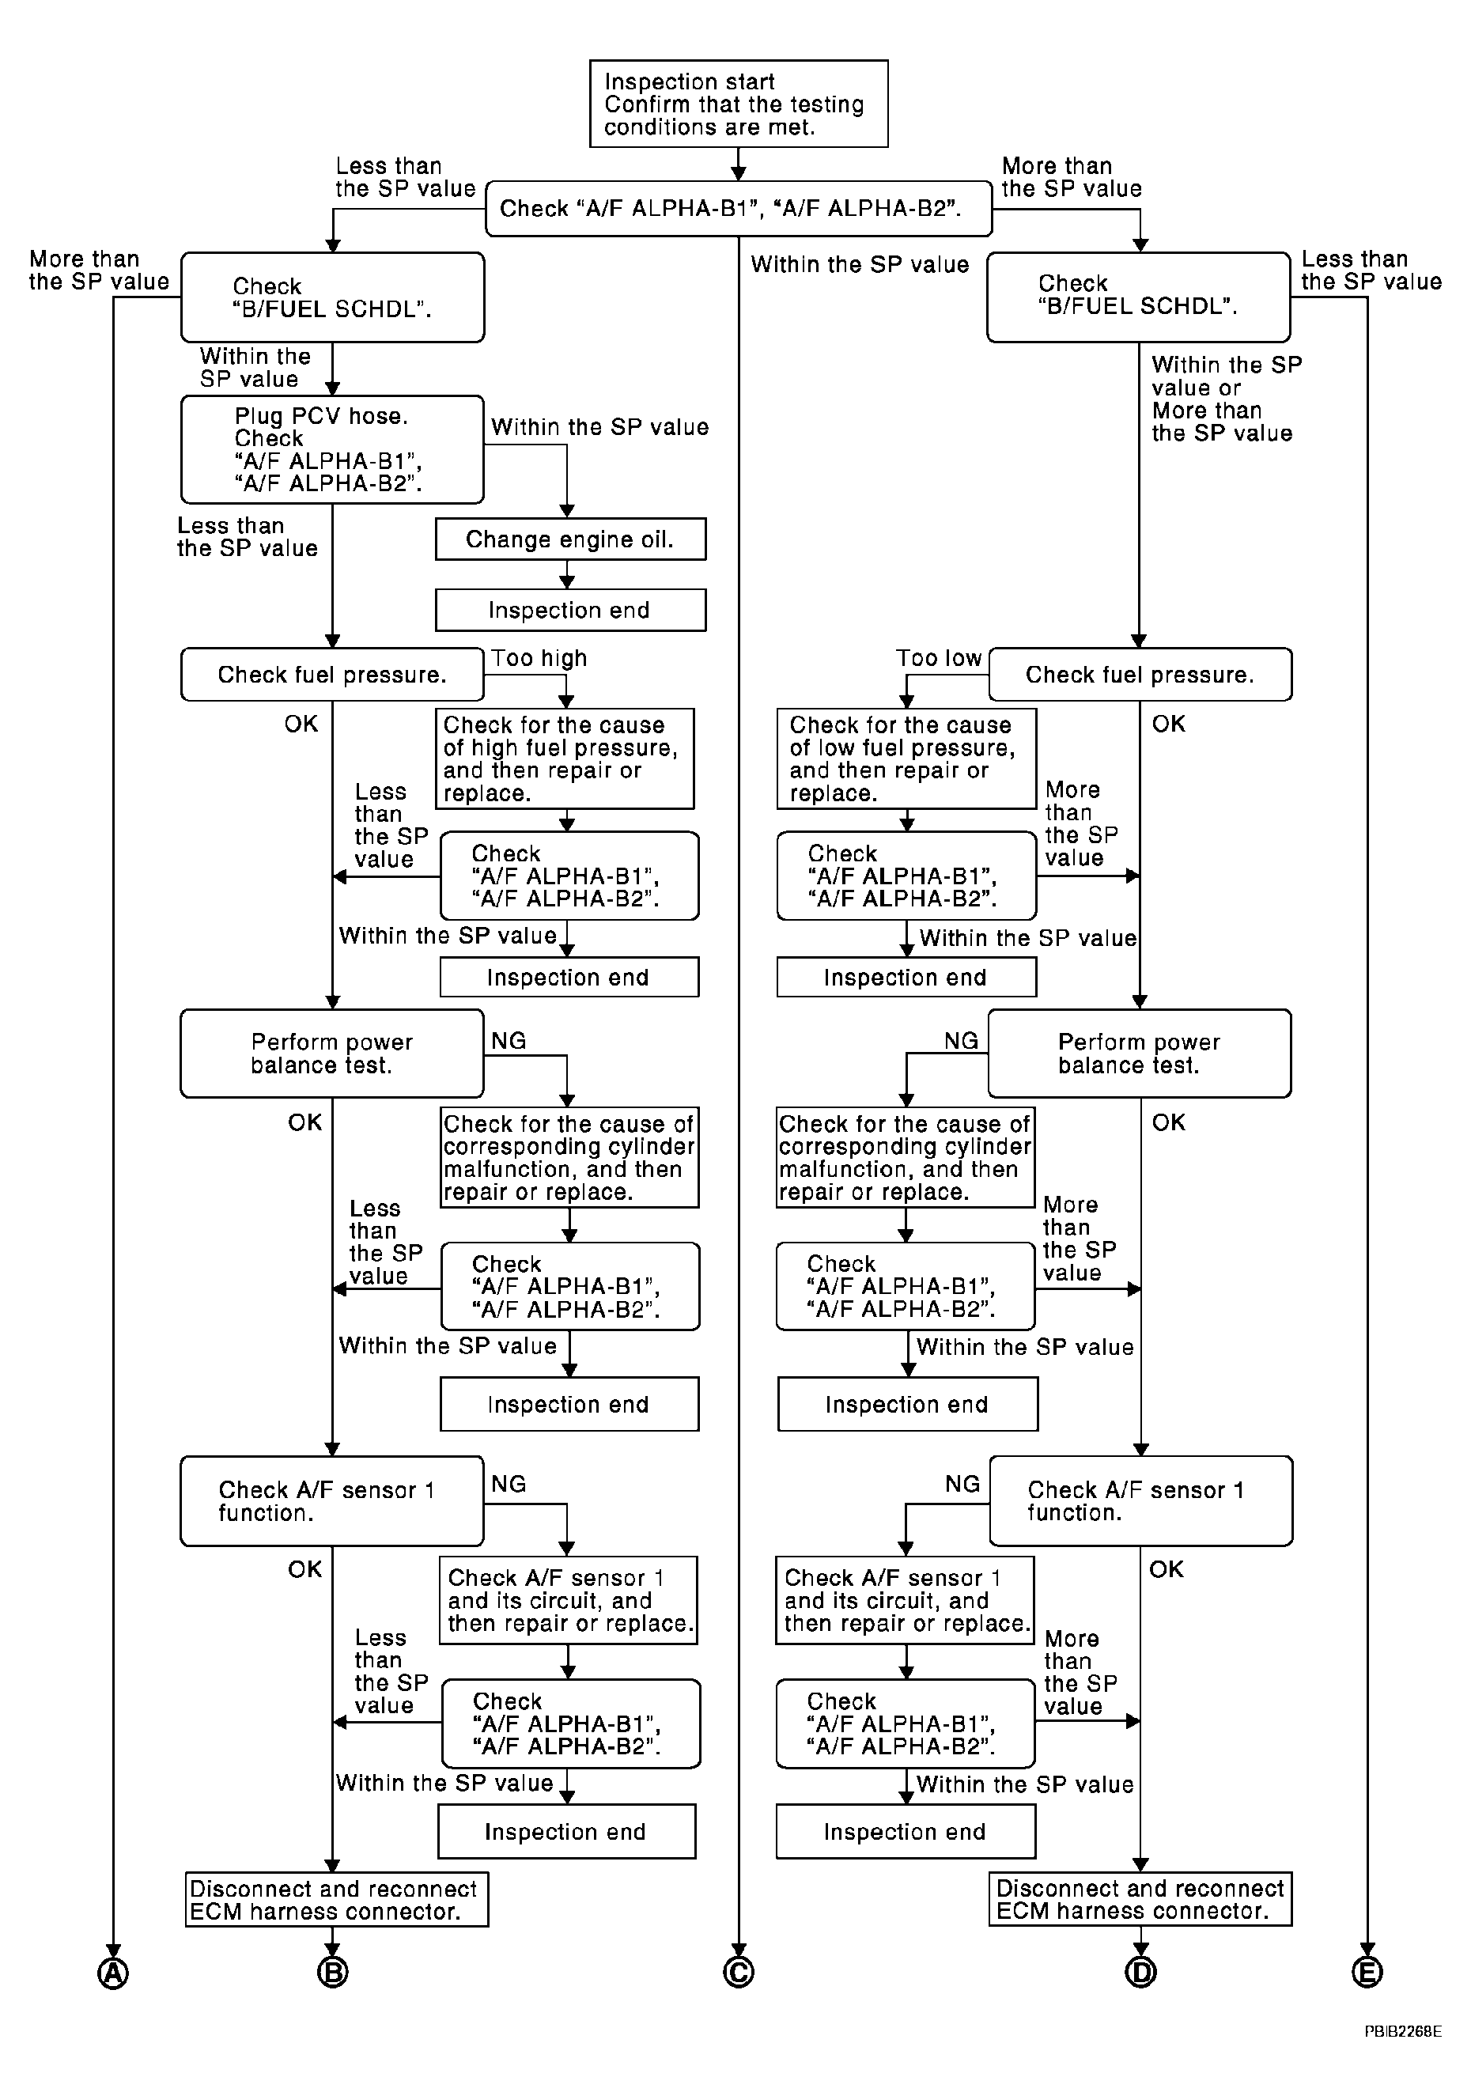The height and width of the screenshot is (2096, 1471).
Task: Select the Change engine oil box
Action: [x=570, y=539]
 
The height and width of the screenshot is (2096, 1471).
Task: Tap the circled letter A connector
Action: [x=113, y=1973]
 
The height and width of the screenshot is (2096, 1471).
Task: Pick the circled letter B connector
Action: [x=332, y=1973]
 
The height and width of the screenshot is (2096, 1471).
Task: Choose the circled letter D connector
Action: [x=1140, y=1973]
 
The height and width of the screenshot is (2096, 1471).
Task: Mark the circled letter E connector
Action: [x=1366, y=1973]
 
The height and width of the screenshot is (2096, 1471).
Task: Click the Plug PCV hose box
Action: [x=332, y=449]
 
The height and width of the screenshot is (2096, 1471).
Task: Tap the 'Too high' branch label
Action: [x=539, y=658]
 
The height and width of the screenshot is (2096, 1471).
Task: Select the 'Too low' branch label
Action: [x=938, y=658]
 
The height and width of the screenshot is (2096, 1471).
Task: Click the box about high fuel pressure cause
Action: [x=564, y=759]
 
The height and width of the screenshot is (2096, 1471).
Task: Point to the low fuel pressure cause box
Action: [x=906, y=759]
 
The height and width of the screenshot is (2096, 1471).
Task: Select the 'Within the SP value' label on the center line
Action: [x=860, y=265]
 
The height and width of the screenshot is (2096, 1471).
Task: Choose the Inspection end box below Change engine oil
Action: [x=570, y=610]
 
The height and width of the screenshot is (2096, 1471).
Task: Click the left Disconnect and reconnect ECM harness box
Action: [x=337, y=1900]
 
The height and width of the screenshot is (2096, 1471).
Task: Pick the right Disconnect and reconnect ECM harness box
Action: [x=1140, y=1899]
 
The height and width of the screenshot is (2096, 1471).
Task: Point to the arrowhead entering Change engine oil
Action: [x=567, y=511]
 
